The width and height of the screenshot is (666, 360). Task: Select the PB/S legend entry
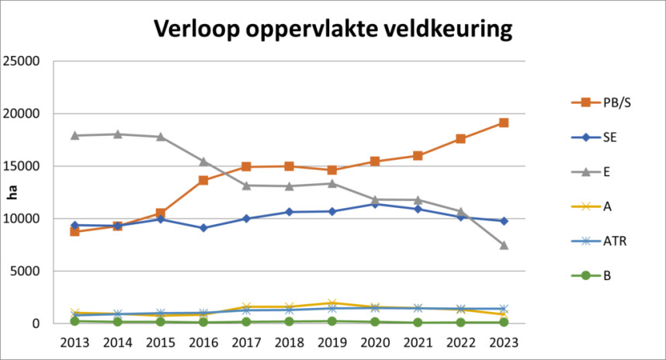(x=602, y=103)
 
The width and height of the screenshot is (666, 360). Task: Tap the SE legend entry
(x=598, y=137)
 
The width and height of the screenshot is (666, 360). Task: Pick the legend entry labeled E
(x=595, y=171)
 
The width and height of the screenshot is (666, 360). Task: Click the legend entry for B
(x=595, y=275)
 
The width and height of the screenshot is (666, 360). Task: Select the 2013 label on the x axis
(x=75, y=341)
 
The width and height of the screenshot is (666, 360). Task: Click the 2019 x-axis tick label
(x=331, y=341)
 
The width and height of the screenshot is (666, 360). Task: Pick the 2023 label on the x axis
(x=503, y=341)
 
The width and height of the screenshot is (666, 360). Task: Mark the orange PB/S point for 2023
(x=503, y=123)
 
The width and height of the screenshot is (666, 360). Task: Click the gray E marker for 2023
(x=503, y=244)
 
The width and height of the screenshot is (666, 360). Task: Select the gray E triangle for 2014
(x=117, y=133)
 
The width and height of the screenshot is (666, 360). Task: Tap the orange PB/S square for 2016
(x=203, y=180)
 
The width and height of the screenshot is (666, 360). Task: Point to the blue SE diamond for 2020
(x=375, y=204)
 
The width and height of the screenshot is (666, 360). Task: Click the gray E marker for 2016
(x=203, y=161)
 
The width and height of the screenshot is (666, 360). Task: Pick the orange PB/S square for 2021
(x=418, y=155)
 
